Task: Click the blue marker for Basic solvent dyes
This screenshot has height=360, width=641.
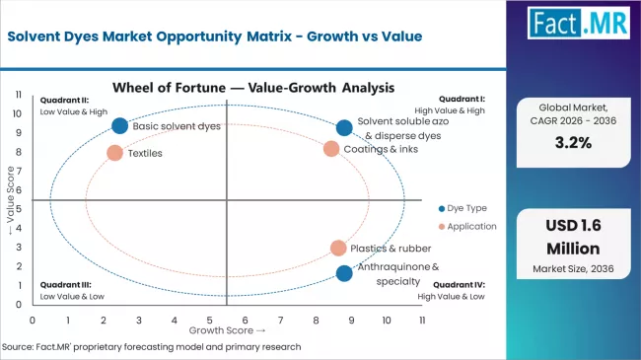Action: tap(120, 125)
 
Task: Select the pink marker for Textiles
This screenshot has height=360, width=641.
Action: tap(114, 153)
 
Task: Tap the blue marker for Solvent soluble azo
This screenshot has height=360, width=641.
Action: tap(343, 127)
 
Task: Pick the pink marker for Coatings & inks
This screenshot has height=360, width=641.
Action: tap(331, 149)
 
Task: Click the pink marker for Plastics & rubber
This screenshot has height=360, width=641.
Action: tap(338, 249)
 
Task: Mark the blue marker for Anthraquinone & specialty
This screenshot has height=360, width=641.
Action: tap(343, 273)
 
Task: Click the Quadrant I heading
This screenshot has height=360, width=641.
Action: tap(463, 99)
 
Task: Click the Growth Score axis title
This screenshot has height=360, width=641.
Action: tap(227, 330)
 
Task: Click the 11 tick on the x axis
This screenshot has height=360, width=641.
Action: tap(422, 320)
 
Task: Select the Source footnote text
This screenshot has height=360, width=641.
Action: tap(153, 347)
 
